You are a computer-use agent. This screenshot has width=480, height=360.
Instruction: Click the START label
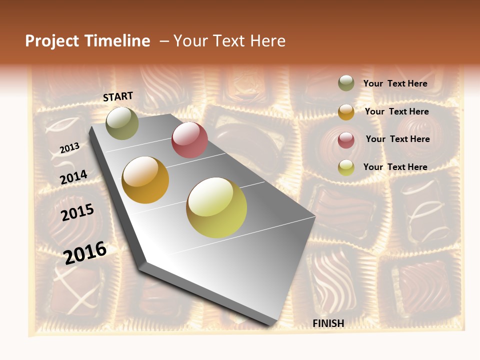[x=118, y=96]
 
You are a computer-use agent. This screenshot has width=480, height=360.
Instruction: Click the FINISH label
[x=328, y=323]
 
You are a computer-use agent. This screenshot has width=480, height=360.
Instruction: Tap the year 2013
[x=69, y=148]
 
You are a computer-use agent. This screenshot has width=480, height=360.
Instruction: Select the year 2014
[x=73, y=177]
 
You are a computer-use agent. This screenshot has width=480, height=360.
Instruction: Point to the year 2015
[x=77, y=212]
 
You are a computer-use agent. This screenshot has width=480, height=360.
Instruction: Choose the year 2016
[x=85, y=252]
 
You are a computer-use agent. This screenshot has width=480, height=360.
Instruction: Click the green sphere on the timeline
[x=122, y=123]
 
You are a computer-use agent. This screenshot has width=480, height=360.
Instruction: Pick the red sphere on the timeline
[x=189, y=139]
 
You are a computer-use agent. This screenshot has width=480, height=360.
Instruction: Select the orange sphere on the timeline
[x=145, y=180]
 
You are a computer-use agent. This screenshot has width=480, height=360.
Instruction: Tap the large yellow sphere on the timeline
[x=216, y=207]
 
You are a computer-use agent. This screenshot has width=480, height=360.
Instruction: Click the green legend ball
[x=346, y=83]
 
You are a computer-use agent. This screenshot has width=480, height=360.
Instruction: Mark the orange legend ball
[x=346, y=112]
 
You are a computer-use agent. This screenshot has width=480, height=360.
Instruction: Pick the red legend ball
[x=346, y=140]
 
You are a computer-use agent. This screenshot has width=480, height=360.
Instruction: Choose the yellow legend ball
[x=346, y=167]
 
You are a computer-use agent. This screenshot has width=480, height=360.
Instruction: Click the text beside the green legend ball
[x=395, y=83]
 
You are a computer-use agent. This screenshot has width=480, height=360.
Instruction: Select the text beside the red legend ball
[x=397, y=139]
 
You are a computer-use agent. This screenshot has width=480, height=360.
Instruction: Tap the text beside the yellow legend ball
[x=395, y=167]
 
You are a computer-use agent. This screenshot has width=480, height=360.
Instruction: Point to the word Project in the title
[x=52, y=41]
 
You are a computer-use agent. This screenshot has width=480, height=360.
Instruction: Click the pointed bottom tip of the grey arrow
[x=272, y=324]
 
